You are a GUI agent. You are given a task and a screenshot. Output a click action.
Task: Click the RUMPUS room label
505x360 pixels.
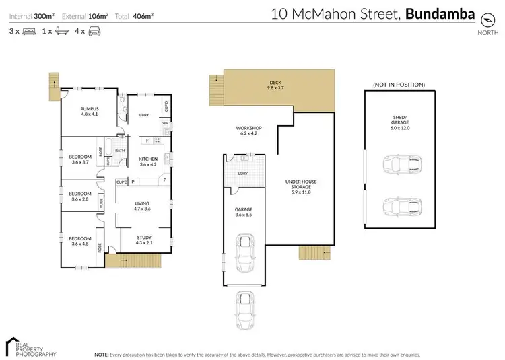pyautogui.click(x=90, y=111)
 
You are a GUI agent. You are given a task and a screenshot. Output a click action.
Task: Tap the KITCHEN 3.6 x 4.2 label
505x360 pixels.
pyautogui.click(x=147, y=162)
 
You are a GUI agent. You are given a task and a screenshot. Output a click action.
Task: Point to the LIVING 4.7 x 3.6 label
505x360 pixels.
pyautogui.click(x=142, y=207)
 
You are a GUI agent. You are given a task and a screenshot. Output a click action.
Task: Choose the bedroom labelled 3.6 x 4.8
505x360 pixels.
pyautogui.click(x=79, y=240)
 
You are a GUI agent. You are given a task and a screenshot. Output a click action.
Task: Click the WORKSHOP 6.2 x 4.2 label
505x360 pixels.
pyautogui.click(x=248, y=131)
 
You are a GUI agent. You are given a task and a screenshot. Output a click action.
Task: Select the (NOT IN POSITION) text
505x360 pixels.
pyautogui.click(x=398, y=85)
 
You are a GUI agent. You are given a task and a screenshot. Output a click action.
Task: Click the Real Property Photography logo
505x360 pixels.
pyautogui.click(x=30, y=346)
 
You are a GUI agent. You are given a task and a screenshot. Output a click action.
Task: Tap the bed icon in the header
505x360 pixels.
pyautogui.click(x=30, y=32)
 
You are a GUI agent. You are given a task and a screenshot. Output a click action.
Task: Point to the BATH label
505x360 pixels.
pyautogui.click(x=119, y=151)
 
